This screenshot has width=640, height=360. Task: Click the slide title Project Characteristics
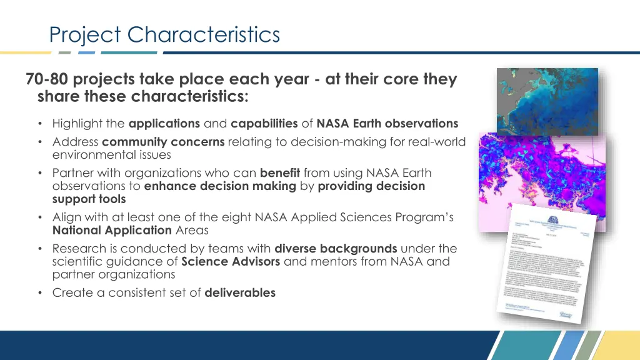[165, 34]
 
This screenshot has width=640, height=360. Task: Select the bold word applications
[164, 124]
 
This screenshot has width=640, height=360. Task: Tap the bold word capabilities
[264, 124]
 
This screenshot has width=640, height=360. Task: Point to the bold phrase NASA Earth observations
[387, 124]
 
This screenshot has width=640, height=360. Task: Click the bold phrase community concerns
[163, 142]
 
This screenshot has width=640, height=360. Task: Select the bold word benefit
[280, 172]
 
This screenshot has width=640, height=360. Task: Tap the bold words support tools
[89, 199]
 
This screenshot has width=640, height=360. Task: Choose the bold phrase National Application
[112, 230]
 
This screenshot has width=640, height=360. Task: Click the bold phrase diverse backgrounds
[336, 248]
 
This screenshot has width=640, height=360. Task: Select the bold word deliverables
[240, 292]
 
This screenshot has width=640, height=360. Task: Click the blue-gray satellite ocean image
[547, 100]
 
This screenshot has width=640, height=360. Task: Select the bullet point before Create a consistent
[40, 292]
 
